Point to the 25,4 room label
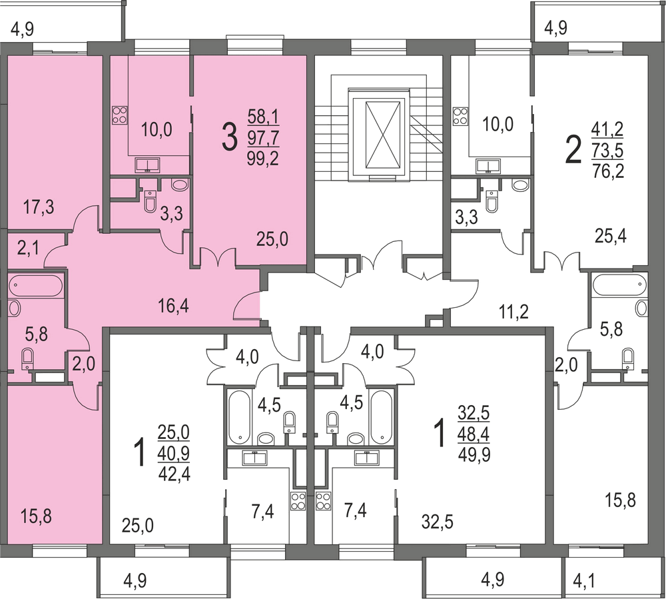(x=611, y=235)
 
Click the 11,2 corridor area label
(x=514, y=310)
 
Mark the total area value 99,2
(x=263, y=159)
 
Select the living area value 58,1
(x=263, y=118)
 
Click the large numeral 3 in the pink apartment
(x=228, y=138)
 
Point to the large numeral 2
(x=572, y=151)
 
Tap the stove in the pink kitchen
(x=119, y=115)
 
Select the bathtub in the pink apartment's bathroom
(x=36, y=286)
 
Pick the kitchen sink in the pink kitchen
(x=147, y=165)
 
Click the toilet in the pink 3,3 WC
(x=149, y=200)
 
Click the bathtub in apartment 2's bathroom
(x=619, y=285)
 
